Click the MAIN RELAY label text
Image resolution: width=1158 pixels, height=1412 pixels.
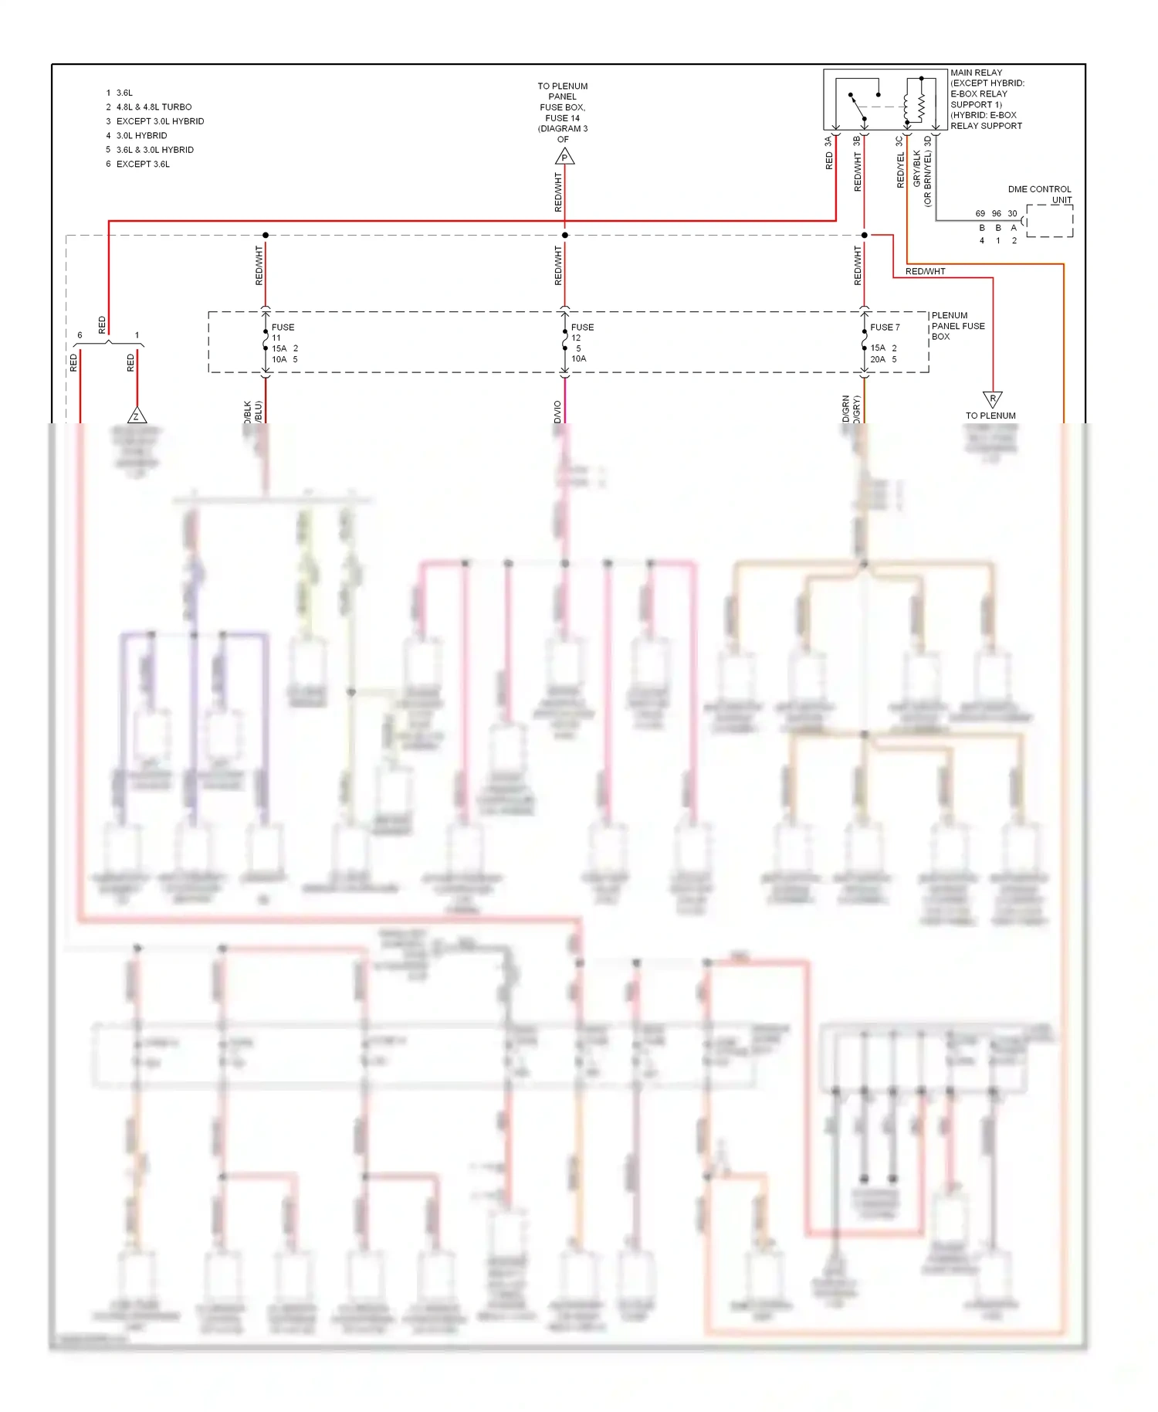[x=976, y=73]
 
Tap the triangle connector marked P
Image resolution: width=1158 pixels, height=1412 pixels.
[x=564, y=157]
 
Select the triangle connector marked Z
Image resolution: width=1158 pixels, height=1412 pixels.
[x=137, y=416]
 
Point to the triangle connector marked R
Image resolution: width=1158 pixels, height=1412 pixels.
[x=992, y=399]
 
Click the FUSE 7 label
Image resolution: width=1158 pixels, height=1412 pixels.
[x=885, y=328]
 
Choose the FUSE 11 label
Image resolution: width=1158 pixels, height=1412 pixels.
[x=283, y=332]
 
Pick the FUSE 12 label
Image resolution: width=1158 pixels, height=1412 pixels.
[x=581, y=332]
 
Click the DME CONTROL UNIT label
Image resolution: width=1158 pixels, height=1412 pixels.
[x=1039, y=194]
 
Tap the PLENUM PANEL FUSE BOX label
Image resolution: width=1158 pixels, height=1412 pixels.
[x=957, y=326]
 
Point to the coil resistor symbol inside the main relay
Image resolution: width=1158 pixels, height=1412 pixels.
[x=921, y=100]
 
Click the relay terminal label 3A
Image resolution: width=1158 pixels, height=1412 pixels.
[x=828, y=141]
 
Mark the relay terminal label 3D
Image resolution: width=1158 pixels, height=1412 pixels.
[x=928, y=141]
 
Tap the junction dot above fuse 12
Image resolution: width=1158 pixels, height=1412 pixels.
[x=564, y=235]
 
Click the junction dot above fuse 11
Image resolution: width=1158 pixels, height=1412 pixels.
[x=266, y=235]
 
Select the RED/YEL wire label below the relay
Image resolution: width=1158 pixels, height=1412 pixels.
[x=900, y=171]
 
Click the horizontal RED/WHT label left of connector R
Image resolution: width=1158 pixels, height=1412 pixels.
[x=925, y=271]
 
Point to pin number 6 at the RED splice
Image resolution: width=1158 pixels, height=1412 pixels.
[x=80, y=335]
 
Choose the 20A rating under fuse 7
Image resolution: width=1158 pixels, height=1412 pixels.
[x=878, y=359]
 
